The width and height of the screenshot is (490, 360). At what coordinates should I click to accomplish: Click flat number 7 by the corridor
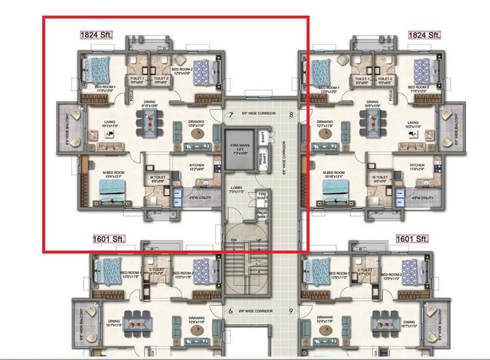click(231, 115)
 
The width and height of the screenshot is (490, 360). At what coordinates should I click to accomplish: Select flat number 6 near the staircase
click(231, 311)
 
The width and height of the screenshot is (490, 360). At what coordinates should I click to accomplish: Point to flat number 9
click(290, 311)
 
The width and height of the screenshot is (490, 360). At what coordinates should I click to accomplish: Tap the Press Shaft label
click(262, 159)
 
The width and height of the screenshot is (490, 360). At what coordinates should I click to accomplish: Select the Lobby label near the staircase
click(237, 190)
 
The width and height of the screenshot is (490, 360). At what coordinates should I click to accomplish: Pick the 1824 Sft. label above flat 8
click(424, 34)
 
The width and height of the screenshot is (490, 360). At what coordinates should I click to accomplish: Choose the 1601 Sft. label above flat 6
click(107, 238)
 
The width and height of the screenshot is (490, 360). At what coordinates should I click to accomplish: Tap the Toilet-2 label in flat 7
click(162, 79)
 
